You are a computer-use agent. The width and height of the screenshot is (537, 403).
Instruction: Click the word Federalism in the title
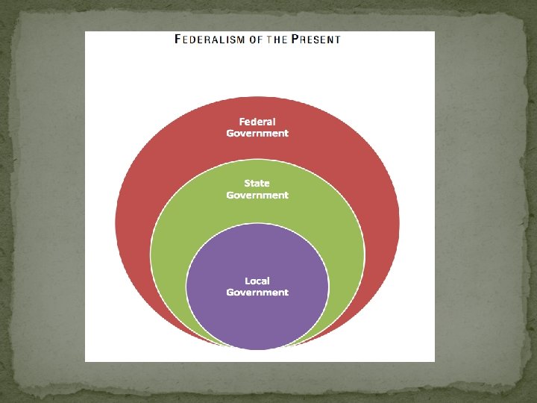210,40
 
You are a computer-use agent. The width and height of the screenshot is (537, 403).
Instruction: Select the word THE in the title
278,40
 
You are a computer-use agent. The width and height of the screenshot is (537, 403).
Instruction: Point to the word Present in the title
317,40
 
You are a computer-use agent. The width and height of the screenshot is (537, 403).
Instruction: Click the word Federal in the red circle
257,122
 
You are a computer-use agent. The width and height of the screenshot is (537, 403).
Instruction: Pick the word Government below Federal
257,134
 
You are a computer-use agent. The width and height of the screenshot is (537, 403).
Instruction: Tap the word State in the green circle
257,183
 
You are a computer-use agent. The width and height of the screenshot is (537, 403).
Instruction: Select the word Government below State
257,195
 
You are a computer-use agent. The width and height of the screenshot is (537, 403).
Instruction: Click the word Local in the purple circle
257,281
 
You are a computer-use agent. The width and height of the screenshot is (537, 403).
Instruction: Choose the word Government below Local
257,293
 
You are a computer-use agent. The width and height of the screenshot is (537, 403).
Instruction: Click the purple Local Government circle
257,321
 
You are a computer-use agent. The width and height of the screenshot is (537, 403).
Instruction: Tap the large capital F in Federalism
178,40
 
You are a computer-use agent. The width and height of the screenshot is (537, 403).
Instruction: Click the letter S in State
247,183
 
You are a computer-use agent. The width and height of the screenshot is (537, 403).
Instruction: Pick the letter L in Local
248,281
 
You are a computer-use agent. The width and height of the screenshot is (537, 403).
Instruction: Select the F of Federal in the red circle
242,122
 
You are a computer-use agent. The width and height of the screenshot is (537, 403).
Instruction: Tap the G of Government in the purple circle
230,293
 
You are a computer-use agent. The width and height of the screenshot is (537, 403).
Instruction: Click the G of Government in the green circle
230,195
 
